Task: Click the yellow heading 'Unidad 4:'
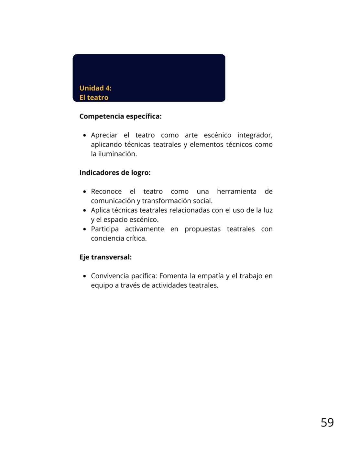tap(95, 88)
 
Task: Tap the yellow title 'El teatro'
tap(94, 97)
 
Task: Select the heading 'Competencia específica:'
tap(120, 116)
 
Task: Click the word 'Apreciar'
tap(104, 135)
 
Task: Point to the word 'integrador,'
tap(255, 135)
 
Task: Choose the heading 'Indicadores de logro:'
tap(115, 173)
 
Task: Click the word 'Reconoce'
tap(106, 192)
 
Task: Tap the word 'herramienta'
tap(236, 192)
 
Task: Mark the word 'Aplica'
tap(100, 210)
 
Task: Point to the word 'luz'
tap(268, 210)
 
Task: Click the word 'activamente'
tap(144, 229)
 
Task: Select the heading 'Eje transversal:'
tap(105, 257)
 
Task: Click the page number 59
tap(327, 423)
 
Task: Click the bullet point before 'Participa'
tap(84, 229)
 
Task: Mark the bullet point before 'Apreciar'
tap(84, 135)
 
